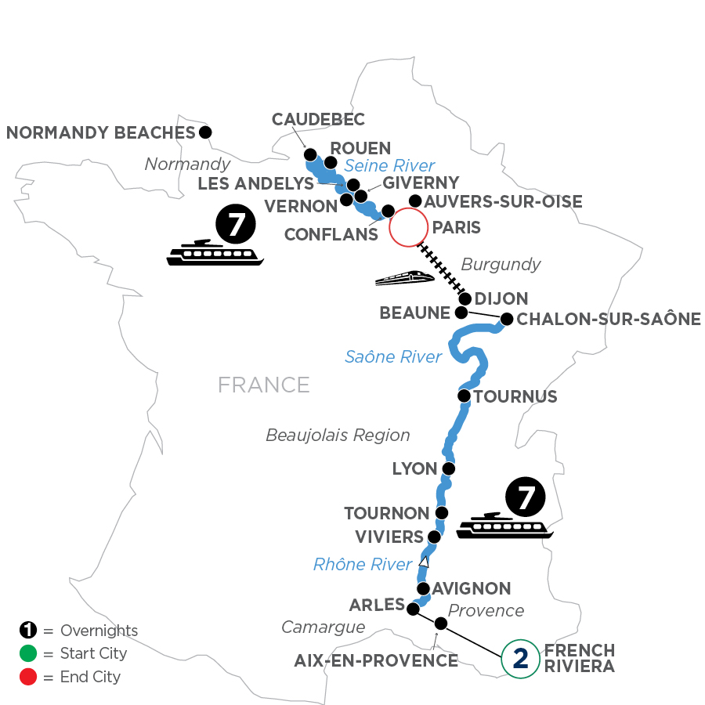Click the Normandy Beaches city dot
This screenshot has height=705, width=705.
[x=205, y=132]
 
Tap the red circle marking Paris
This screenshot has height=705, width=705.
[x=407, y=228]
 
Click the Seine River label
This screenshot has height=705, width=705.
[x=389, y=166]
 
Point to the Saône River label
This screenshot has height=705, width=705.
[x=393, y=357]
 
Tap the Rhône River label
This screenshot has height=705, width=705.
[x=362, y=564]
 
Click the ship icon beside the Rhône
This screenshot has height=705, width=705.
[x=505, y=525]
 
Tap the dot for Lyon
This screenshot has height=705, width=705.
[x=448, y=469]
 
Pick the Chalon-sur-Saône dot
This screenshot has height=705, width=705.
[x=507, y=319]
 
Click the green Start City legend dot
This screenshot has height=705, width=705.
[x=27, y=653]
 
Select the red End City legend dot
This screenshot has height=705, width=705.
[x=27, y=676]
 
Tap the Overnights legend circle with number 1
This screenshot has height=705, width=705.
[x=27, y=631]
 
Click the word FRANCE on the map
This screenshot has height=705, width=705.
[x=264, y=385]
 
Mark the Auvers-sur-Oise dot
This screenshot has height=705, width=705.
[x=416, y=201]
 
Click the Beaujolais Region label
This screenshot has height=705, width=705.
[x=338, y=435]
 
